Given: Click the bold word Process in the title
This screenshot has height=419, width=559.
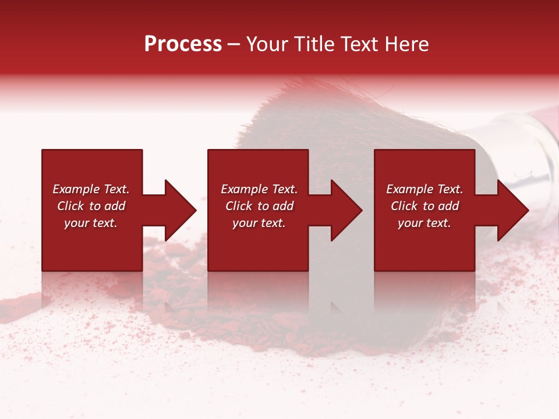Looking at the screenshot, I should coord(183,44).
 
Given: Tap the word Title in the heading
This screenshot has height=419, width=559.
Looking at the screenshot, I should coord(314,44).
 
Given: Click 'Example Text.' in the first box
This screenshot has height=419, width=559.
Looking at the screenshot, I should coord(91,189).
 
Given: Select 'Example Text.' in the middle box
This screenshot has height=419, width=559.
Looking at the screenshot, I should coord(259,189).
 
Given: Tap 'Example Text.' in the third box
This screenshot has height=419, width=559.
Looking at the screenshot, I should coord(424,189).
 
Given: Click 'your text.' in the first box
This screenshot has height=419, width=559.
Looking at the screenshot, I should coord(91,223).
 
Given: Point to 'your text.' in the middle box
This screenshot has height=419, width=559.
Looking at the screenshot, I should coord(259,223).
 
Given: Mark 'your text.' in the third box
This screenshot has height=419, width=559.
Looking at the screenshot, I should coord(424,223).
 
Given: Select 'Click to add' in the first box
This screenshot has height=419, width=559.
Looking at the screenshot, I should coord(91,206).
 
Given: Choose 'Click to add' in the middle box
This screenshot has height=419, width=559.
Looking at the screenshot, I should coord(259,206).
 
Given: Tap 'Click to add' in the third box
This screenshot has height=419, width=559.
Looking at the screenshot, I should coord(424,206).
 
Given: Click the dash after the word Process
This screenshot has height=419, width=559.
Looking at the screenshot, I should coord(233,45).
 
